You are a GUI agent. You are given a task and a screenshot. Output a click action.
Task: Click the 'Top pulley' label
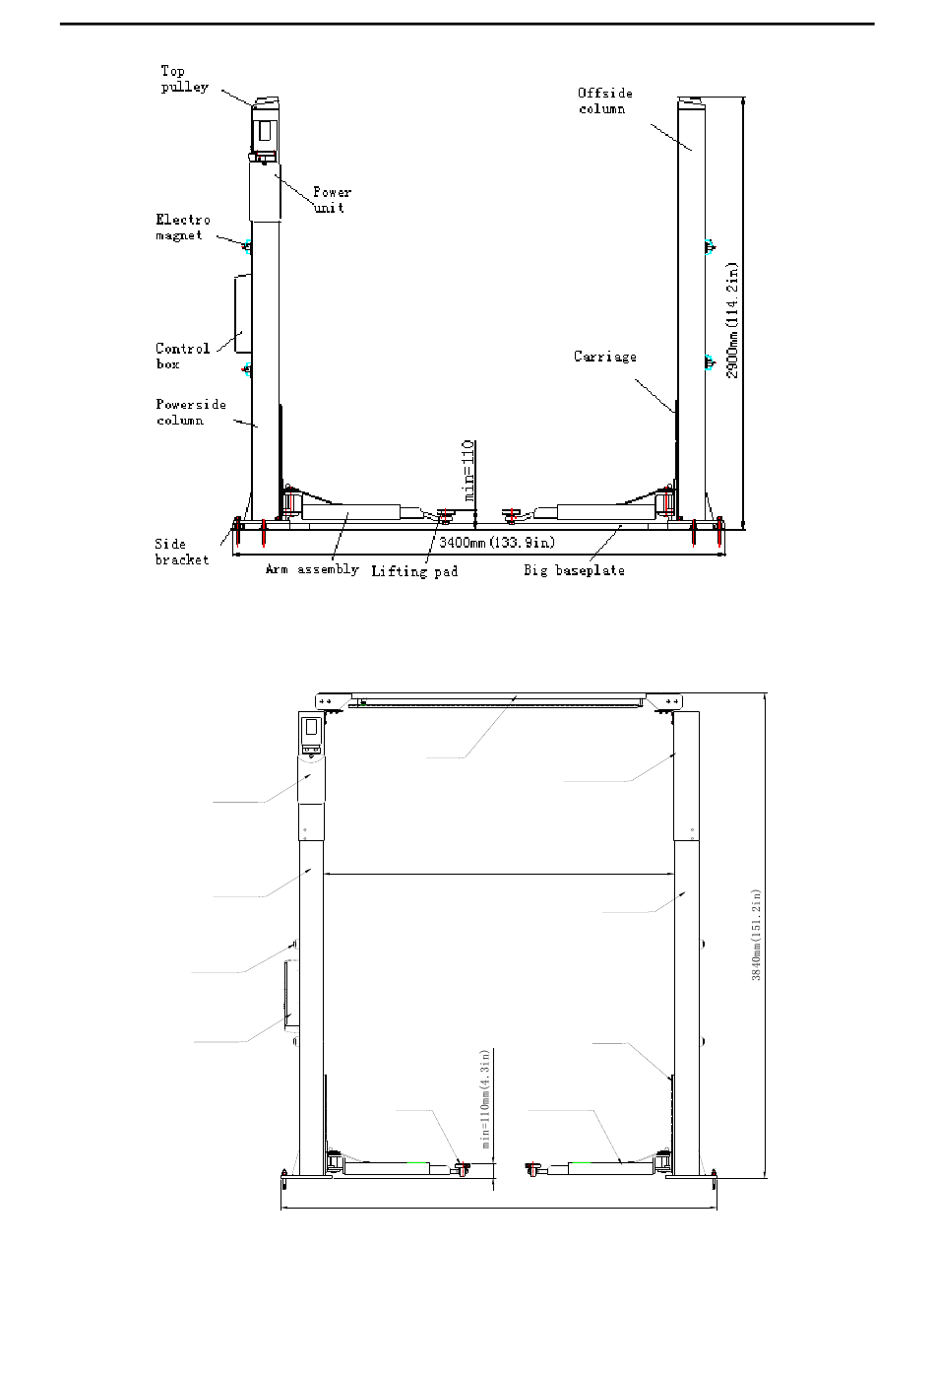185,79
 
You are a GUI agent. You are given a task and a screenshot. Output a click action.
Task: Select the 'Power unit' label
332,200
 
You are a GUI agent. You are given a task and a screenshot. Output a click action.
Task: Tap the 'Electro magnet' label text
182,228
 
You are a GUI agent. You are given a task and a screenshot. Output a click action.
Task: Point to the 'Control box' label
182,357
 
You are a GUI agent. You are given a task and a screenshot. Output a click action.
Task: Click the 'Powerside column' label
191,412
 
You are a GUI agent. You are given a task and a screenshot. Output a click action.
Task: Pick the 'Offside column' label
604,100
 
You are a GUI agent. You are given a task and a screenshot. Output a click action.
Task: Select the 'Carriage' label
604,357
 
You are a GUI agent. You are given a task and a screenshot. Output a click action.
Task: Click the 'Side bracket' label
182,552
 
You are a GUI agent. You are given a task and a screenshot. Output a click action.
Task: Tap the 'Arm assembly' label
312,569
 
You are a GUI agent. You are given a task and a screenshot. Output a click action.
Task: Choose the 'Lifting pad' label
414,571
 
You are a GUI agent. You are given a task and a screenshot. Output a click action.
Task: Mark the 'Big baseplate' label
574,570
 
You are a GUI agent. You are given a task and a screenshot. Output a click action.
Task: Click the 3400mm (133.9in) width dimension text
497,543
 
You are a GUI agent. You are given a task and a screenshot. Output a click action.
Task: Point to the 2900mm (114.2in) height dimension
732,321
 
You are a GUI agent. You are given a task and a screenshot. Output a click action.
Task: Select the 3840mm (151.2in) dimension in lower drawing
756,935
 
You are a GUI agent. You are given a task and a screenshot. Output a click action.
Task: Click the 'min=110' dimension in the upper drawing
468,471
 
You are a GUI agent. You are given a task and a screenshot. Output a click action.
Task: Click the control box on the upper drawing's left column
243,313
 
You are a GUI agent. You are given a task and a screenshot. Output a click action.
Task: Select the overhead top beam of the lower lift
498,701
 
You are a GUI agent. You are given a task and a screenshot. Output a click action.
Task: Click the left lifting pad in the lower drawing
463,1168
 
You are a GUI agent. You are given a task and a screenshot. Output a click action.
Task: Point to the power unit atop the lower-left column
311,735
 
